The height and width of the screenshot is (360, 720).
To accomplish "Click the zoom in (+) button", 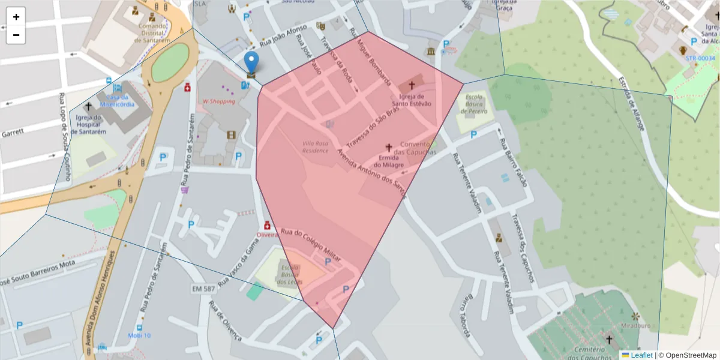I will click(x=16, y=17).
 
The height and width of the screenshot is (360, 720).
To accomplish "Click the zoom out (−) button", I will click(x=16, y=35).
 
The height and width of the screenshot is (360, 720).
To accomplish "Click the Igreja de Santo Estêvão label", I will click(x=412, y=100).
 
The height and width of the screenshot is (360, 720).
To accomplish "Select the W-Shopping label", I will click(x=219, y=101).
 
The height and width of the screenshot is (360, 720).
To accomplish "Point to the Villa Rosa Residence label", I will click(x=316, y=147).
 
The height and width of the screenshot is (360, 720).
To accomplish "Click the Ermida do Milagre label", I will click(x=388, y=161).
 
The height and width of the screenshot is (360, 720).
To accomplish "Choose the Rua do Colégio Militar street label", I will click(x=311, y=244).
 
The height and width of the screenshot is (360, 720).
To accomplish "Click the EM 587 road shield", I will click(x=203, y=289).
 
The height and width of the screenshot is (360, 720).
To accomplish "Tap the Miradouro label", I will click(x=637, y=326).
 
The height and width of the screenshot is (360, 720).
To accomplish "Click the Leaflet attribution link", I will click(x=641, y=355).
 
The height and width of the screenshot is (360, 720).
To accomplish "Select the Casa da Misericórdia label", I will click(x=117, y=100).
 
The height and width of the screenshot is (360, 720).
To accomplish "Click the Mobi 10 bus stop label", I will click(x=139, y=335).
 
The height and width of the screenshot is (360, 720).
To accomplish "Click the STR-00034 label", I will click(x=701, y=58).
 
